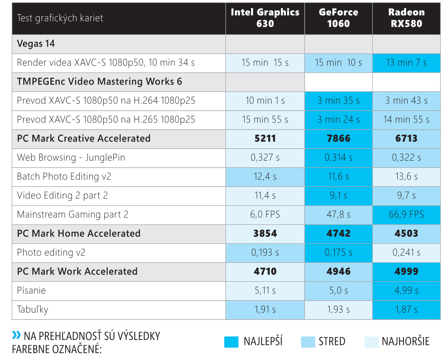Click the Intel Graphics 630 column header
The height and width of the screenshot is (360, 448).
tap(265, 18)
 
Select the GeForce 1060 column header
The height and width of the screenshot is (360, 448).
tap(338, 18)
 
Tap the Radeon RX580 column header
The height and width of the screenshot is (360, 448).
tap(406, 18)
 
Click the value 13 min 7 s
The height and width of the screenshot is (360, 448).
tap(406, 63)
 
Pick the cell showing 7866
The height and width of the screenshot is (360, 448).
tap(338, 139)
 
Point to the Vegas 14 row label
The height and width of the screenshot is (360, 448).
tap(36, 44)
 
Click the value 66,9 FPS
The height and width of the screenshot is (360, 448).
tap(406, 215)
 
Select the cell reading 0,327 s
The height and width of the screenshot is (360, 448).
tap(265, 158)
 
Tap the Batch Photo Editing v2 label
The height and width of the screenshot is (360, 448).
tap(64, 177)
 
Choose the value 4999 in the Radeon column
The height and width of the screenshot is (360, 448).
tap(406, 272)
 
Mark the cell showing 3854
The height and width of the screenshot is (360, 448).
tap(265, 234)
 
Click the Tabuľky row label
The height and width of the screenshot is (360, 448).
tap(33, 309)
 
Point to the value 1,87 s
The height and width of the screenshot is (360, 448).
tap(406, 309)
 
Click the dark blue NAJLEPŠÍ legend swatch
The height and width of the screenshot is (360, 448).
tap(231, 342)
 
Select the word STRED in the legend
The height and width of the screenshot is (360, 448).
tap(332, 341)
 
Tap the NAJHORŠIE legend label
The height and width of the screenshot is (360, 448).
tap(405, 341)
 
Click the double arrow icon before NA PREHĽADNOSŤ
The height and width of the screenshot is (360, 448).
tap(16, 335)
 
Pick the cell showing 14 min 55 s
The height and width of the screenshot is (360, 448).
tap(406, 120)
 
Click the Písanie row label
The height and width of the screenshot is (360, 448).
tap(32, 291)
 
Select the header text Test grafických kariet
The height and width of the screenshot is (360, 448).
tap(60, 18)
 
